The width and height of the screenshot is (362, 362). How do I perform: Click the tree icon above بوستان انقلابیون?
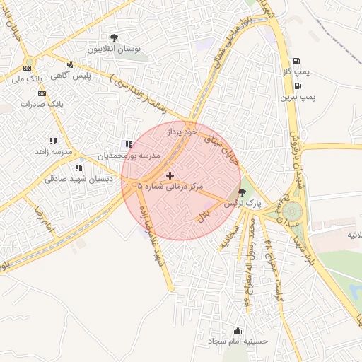coord(115,37)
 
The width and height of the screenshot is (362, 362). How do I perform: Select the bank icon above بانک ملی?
coord(27,68)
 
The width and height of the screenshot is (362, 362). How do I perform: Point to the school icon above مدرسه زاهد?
coord(53,141)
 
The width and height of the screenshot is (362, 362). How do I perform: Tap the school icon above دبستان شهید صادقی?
coord(78,168)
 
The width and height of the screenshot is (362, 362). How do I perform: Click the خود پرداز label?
coord(180,132)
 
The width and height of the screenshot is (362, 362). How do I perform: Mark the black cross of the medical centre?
coord(170,175)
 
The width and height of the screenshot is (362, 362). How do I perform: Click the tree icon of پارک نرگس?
coord(243,192)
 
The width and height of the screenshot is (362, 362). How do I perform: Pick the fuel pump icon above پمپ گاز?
coord(296,62)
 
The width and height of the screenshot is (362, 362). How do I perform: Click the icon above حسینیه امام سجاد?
coord(237,330)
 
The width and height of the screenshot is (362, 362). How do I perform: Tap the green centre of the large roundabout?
coord(291,210)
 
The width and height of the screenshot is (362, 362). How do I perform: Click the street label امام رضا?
coord(43,217)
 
